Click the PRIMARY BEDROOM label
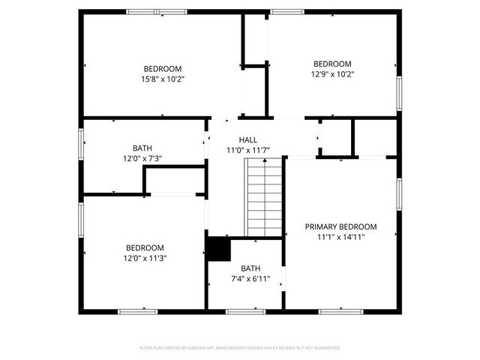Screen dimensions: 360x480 tap(340, 226)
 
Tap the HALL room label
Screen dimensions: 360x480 tap(247, 140)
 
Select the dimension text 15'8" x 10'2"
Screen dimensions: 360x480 tap(162, 79)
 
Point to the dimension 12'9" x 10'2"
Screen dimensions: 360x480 tap(331, 74)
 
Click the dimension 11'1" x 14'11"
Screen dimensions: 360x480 tap(340, 237)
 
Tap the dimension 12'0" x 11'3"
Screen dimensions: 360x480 tap(145, 259)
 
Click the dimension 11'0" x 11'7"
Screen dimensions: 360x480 tap(247, 151)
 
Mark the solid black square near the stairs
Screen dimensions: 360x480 tap(218, 249)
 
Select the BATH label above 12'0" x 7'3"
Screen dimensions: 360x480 tap(142, 148)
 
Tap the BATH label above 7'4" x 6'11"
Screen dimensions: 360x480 tap(250, 268)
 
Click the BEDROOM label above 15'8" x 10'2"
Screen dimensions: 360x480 tap(162, 68)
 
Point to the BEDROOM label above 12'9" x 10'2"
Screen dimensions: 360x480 tap(331, 64)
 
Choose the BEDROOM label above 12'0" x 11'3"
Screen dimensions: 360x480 tap(145, 248)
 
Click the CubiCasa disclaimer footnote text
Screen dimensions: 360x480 tap(240, 348)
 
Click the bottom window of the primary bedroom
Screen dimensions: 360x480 tap(335, 311)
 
